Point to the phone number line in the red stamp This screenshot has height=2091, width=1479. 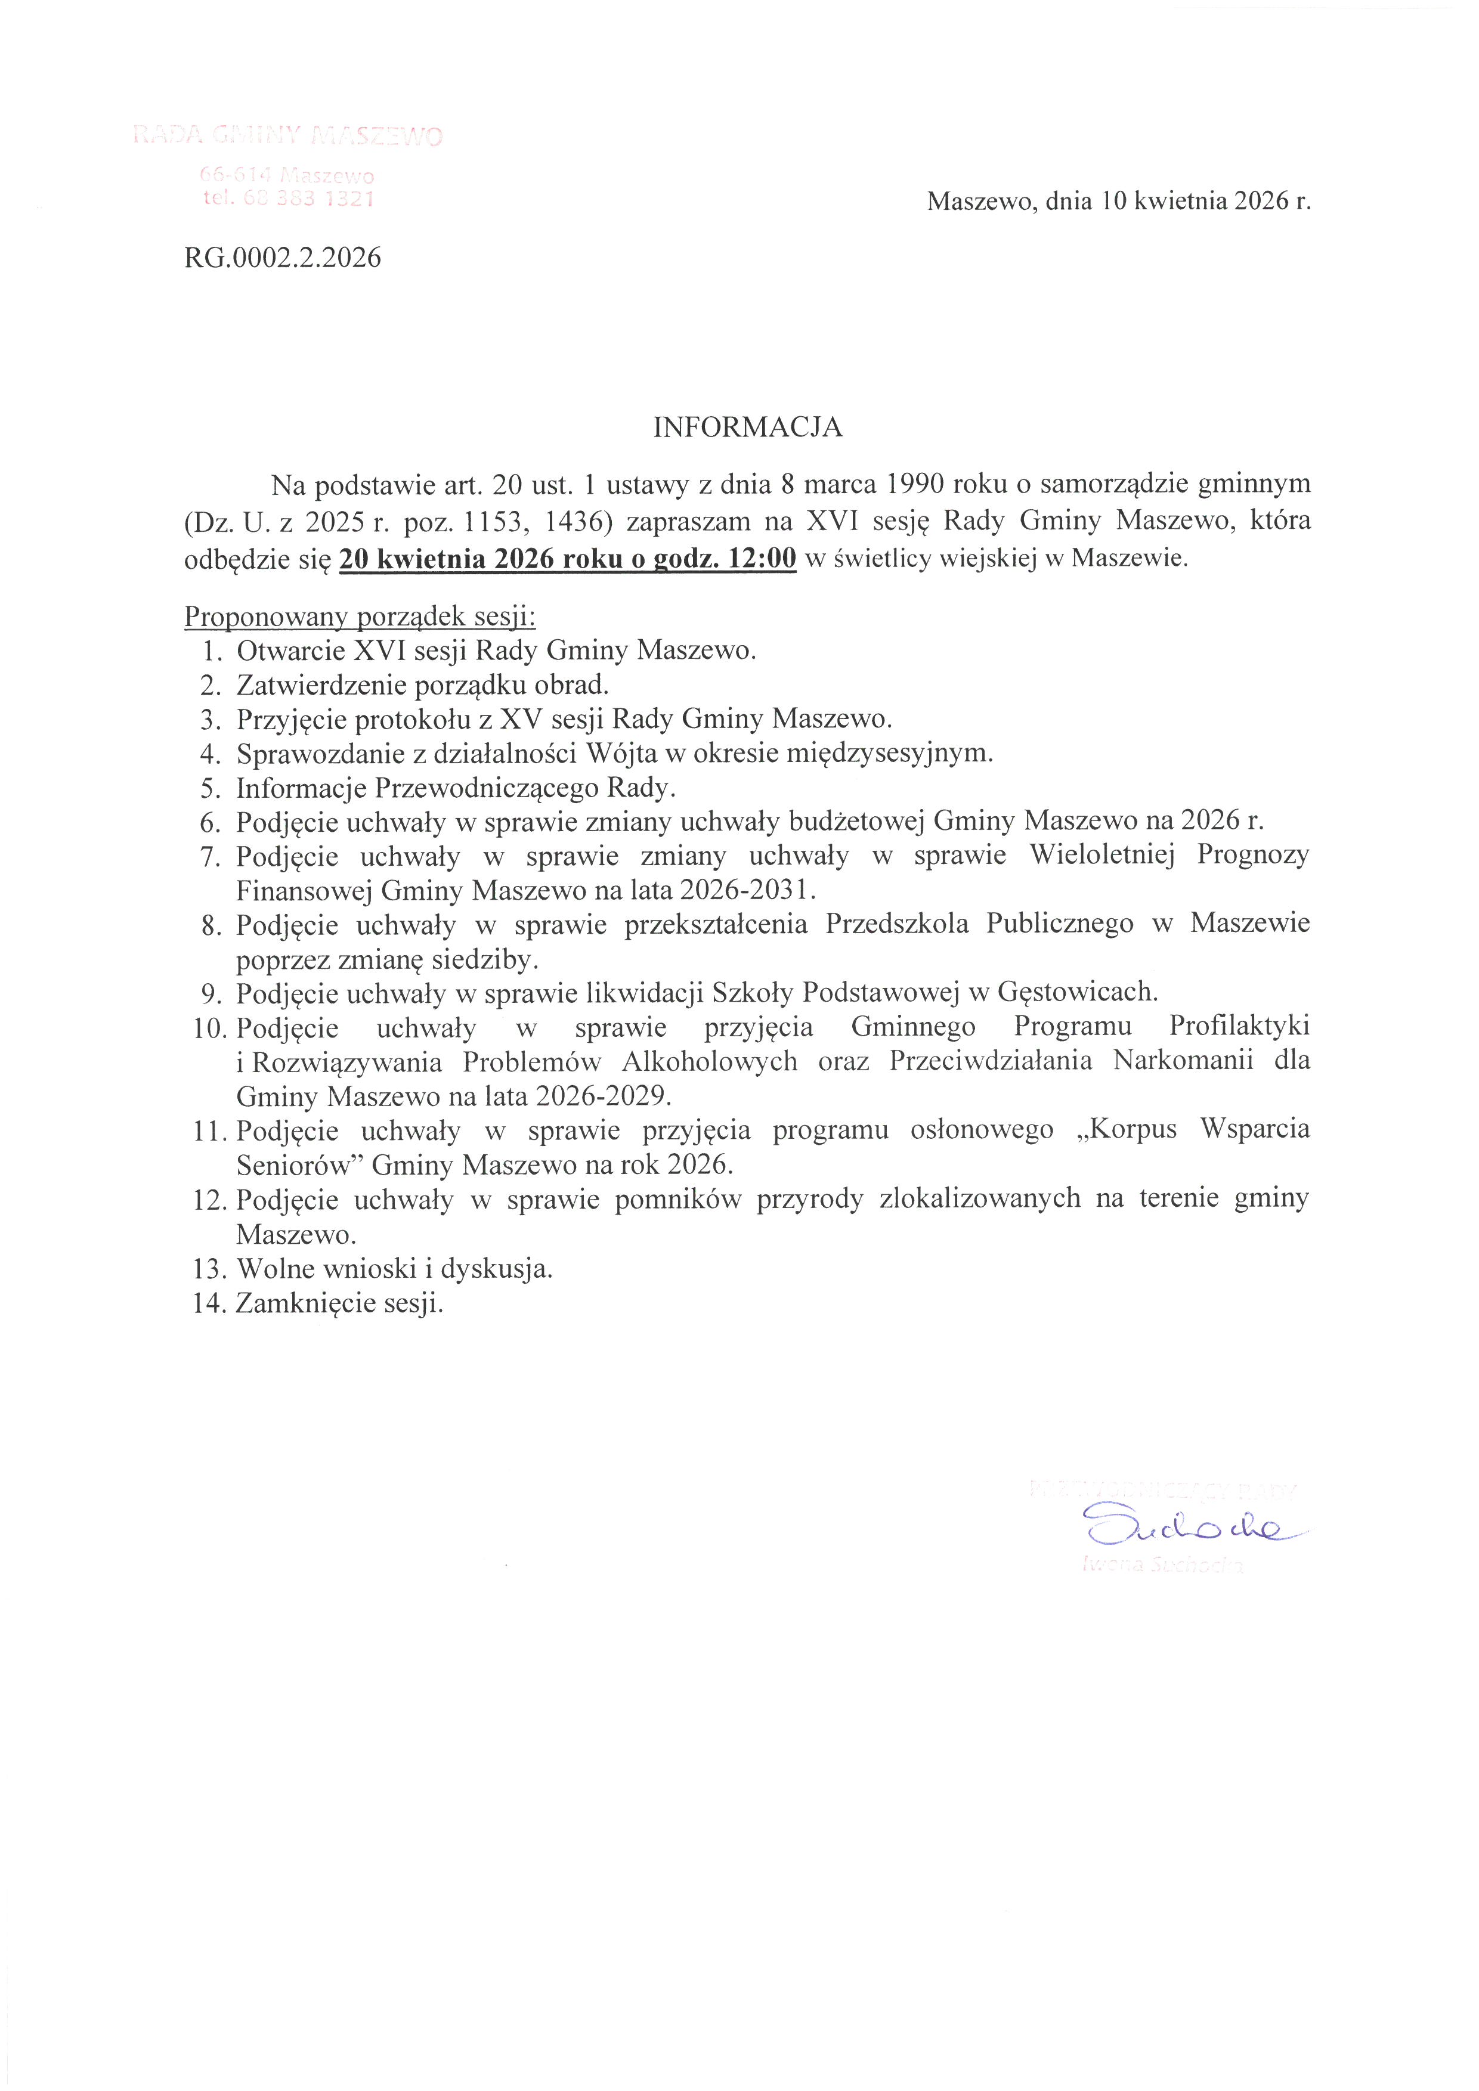(288, 199)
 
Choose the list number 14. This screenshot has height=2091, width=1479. (209, 1303)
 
